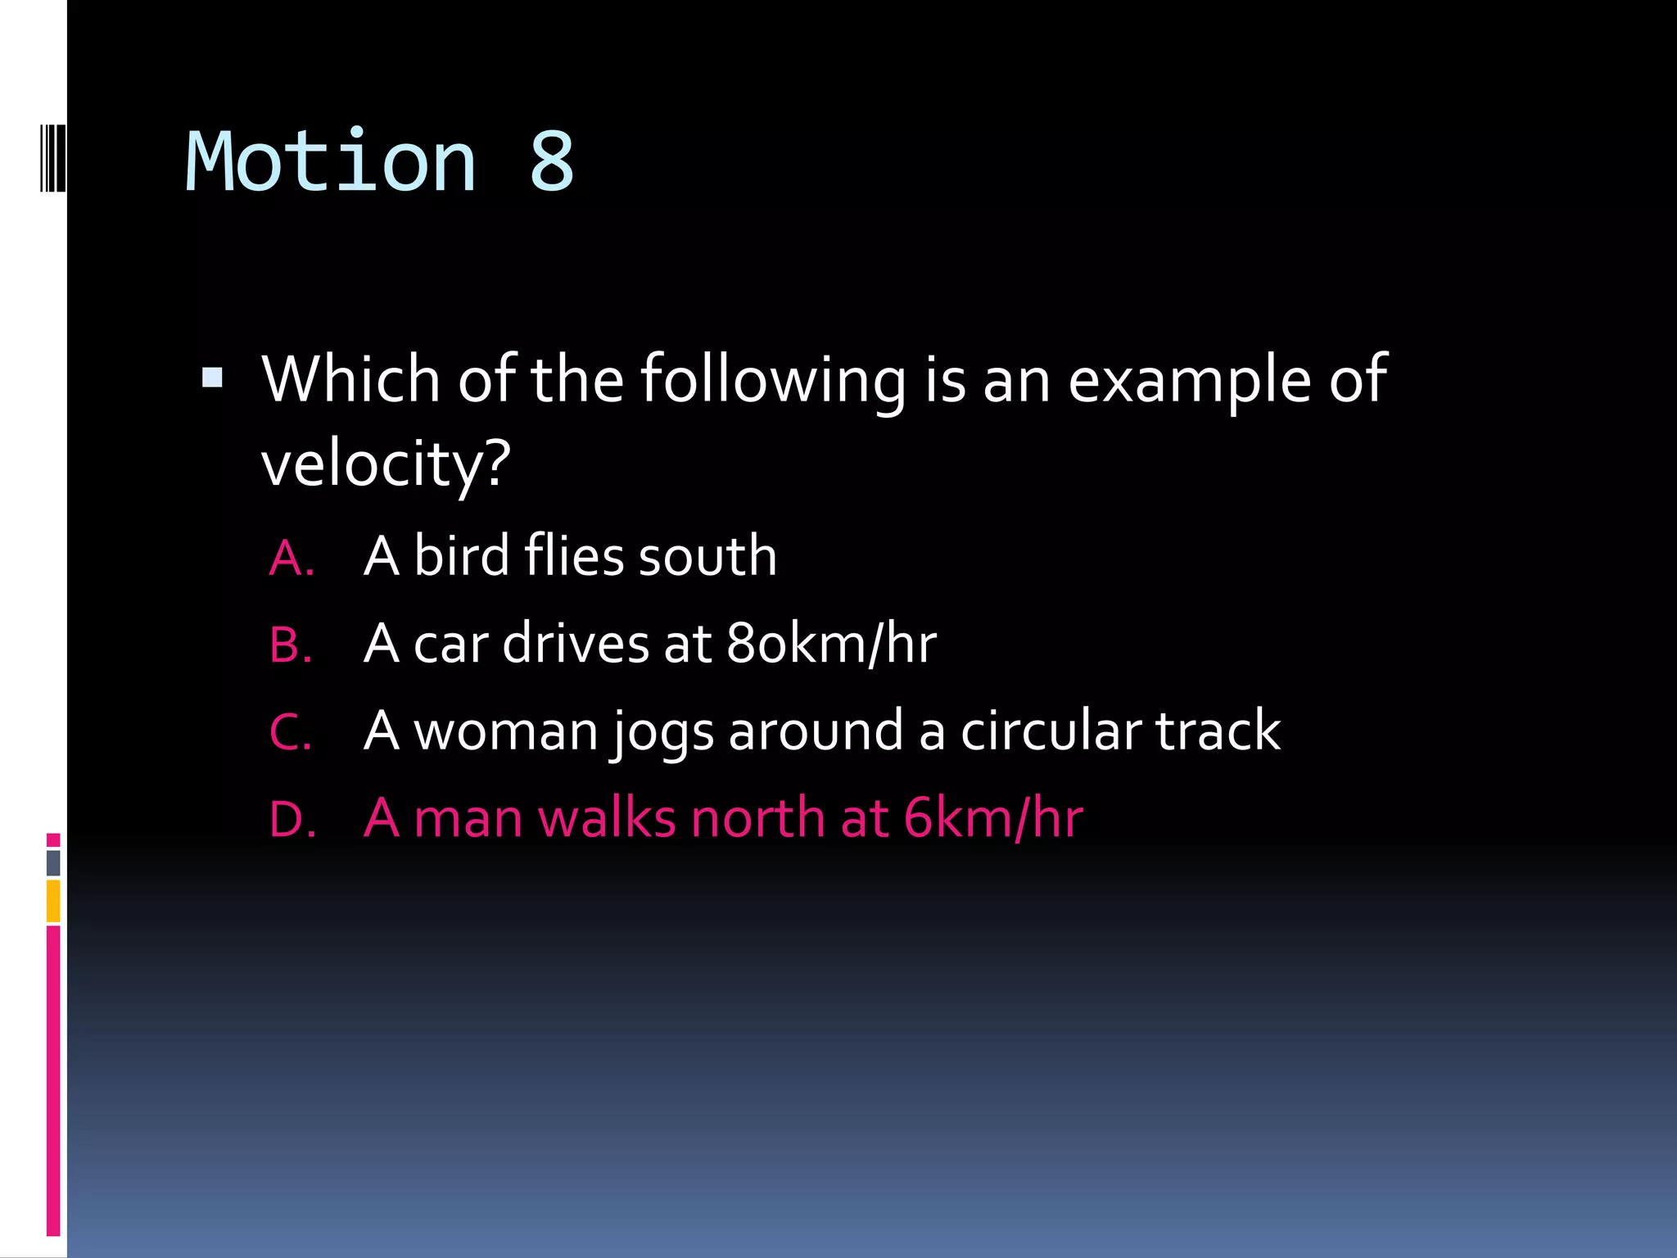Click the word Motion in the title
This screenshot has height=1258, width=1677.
point(331,162)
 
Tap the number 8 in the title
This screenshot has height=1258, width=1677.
point(551,162)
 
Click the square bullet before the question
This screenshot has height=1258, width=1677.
point(212,378)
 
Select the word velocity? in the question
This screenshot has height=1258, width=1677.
point(386,464)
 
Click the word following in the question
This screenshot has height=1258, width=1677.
point(772,380)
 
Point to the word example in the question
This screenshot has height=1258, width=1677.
point(1189,380)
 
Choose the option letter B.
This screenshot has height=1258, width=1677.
point(291,645)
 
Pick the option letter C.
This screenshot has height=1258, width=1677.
point(291,732)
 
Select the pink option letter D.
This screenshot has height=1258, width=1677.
point(292,819)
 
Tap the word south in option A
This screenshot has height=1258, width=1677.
point(707,556)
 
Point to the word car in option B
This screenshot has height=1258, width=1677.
point(450,644)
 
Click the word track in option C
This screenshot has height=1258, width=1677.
point(1218,731)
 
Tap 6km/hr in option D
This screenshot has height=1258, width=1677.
point(993,817)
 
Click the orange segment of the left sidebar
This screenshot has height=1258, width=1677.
point(53,901)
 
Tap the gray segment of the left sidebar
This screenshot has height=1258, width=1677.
point(53,862)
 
